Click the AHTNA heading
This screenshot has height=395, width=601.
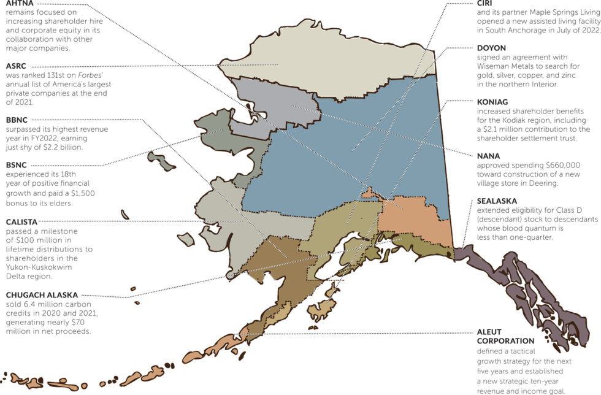click(x=20, y=3)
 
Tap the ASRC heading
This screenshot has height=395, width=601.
click(x=17, y=65)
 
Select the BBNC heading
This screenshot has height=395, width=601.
click(x=17, y=120)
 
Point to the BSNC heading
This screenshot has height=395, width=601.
click(x=17, y=165)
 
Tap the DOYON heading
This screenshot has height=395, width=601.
click(x=492, y=48)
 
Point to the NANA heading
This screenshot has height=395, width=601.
click(x=489, y=156)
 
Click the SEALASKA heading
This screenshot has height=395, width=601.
click(x=497, y=201)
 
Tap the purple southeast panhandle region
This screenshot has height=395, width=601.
click(x=527, y=288)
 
